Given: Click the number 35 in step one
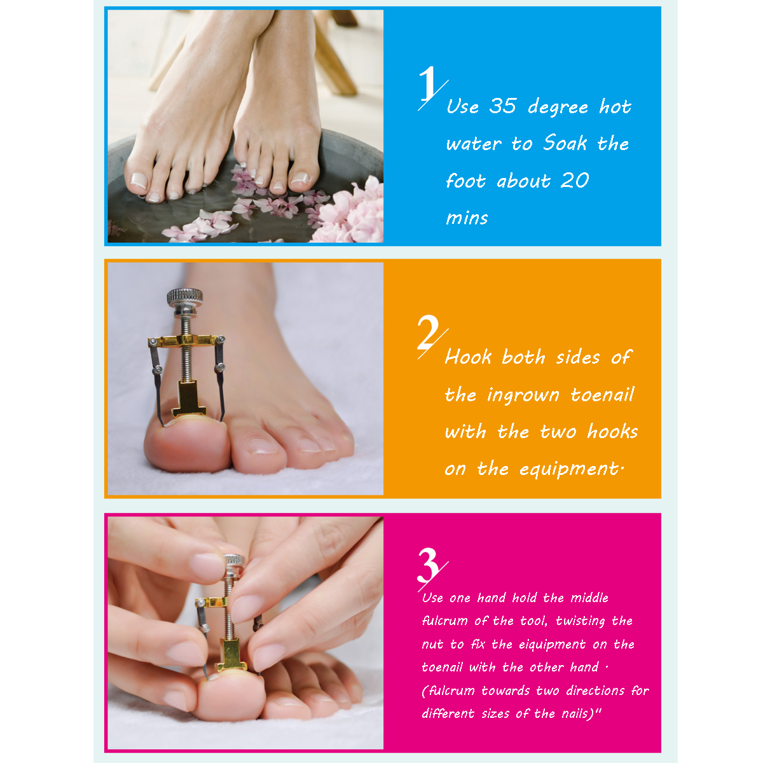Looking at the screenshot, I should pyautogui.click(x=502, y=106).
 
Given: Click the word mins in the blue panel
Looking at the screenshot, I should pyautogui.click(x=467, y=218).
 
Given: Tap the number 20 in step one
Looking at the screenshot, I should pyautogui.click(x=575, y=181).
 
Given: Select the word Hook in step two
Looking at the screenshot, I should pyautogui.click(x=468, y=357).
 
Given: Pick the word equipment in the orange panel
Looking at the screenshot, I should pyautogui.click(x=568, y=470).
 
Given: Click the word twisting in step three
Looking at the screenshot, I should pyautogui.click(x=581, y=621).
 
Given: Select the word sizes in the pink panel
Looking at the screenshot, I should pyautogui.click(x=495, y=713).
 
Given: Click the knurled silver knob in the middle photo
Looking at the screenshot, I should pyautogui.click(x=184, y=297).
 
